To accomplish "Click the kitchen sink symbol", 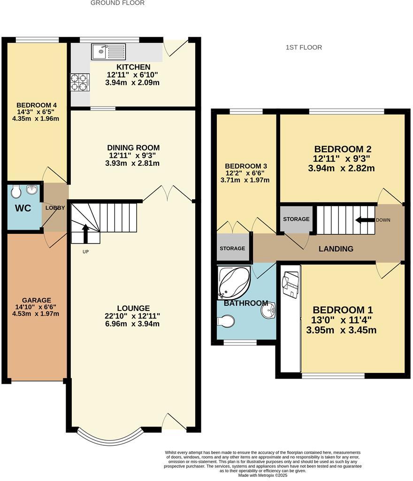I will click(109, 51).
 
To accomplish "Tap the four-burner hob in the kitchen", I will click(80, 83).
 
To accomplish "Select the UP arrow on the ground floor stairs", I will click(85, 233).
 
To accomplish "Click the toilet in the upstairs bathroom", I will click(226, 322).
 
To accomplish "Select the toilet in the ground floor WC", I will click(15, 192).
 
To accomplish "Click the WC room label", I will click(23, 208).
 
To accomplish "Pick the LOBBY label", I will click(55, 208).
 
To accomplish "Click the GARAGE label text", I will click(36, 301).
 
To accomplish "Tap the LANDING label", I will click(336, 249).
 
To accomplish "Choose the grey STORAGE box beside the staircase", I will click(296, 219).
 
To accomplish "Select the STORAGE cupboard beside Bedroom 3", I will click(232, 248).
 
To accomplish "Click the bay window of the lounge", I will click(109, 438).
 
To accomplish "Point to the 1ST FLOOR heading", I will click(304, 47).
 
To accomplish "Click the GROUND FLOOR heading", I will click(117, 3).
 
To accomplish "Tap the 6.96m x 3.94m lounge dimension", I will click(132, 324).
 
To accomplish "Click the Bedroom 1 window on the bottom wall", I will click(333, 375).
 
